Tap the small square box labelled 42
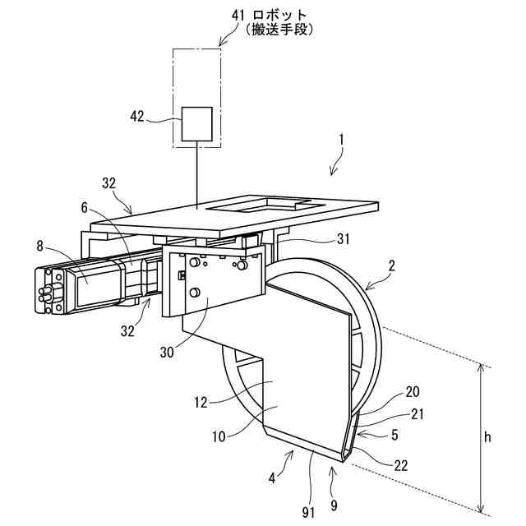(x=196, y=123)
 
